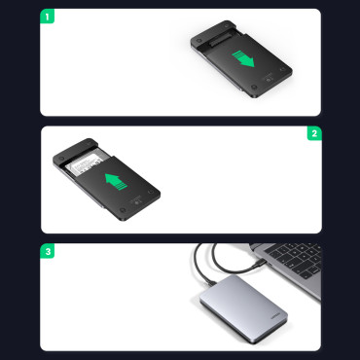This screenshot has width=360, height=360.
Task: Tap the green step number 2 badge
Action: [x=313, y=133]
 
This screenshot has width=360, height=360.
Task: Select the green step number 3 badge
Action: [x=49, y=250]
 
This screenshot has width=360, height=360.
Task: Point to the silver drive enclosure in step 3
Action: [x=243, y=306]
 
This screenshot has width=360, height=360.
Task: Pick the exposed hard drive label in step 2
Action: [x=84, y=162]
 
